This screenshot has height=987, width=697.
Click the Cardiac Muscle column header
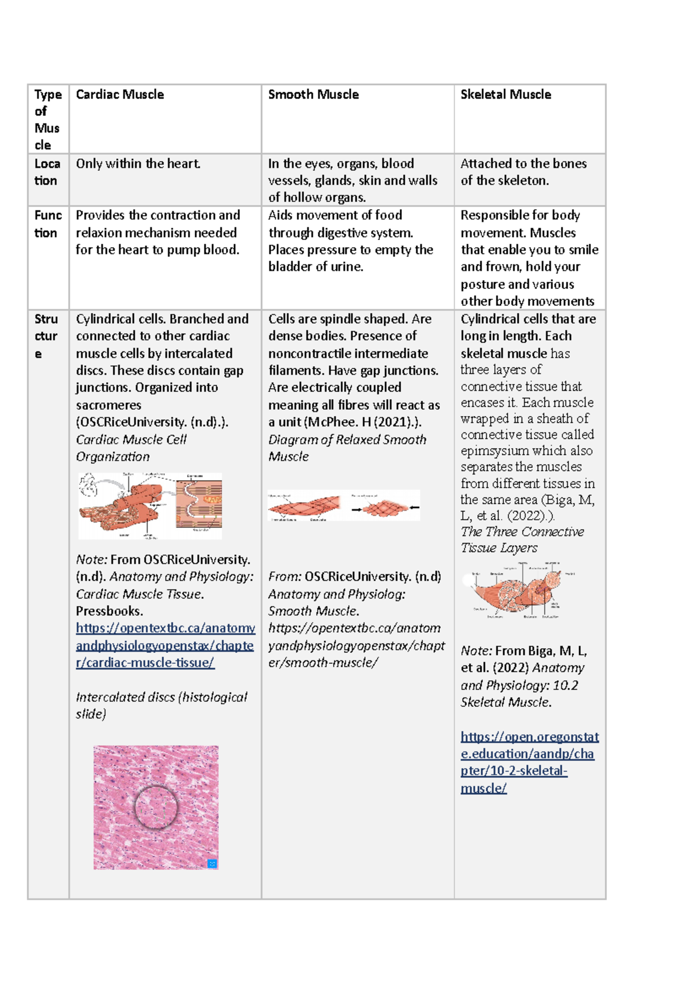pyautogui.click(x=120, y=94)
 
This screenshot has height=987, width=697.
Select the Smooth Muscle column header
pyautogui.click(x=313, y=94)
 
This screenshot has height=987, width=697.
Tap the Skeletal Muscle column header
pyautogui.click(x=505, y=94)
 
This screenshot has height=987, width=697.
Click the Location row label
pyautogui.click(x=46, y=172)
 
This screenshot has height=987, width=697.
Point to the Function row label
pyautogui.click(x=47, y=224)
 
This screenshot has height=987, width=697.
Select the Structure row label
pyautogui.click(x=45, y=336)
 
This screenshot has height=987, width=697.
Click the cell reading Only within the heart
pyautogui.click(x=138, y=164)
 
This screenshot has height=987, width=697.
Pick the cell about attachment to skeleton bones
pyautogui.click(x=523, y=172)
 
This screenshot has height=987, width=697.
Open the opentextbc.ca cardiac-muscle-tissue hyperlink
pyautogui.click(x=165, y=645)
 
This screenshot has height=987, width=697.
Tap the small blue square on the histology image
pyautogui.click(x=212, y=864)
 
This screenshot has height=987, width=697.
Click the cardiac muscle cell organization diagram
pyautogui.click(x=150, y=506)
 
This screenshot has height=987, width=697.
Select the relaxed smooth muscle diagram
pyautogui.click(x=343, y=505)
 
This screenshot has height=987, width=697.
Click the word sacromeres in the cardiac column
pyautogui.click(x=108, y=405)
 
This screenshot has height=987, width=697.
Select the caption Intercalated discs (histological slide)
pyautogui.click(x=161, y=705)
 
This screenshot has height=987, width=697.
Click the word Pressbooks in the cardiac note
pyautogui.click(x=109, y=611)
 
